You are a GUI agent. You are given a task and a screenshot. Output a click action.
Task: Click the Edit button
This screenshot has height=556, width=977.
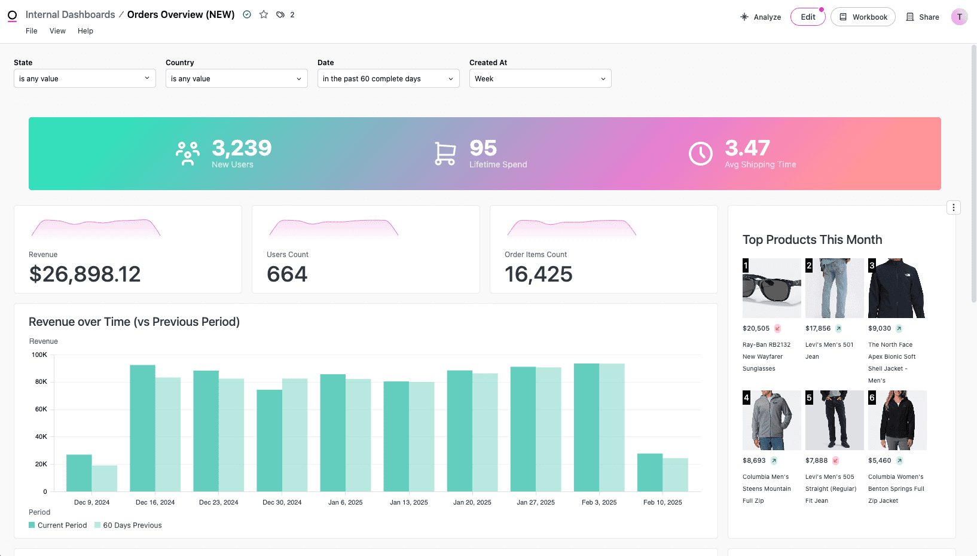(808, 17)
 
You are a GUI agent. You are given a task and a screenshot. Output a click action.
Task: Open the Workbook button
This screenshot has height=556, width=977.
(863, 17)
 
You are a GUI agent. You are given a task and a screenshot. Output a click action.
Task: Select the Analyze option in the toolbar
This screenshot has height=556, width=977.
(761, 17)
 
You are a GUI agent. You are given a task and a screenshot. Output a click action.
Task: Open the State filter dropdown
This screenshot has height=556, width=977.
(84, 78)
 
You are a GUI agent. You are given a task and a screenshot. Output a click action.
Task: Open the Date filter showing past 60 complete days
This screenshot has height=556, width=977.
(388, 78)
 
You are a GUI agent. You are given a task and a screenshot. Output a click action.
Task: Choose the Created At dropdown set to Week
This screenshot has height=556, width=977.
(540, 78)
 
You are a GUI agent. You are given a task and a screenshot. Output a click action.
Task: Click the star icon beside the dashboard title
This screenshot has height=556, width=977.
(264, 14)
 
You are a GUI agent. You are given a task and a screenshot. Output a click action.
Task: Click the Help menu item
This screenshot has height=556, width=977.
(86, 31)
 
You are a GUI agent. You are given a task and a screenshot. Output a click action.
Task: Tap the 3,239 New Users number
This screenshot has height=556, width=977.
(242, 148)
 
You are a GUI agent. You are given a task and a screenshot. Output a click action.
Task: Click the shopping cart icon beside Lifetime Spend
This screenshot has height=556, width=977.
(445, 154)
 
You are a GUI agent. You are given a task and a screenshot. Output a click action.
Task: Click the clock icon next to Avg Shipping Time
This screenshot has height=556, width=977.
(700, 154)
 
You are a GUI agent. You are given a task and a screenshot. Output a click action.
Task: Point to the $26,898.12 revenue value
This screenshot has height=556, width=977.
(85, 274)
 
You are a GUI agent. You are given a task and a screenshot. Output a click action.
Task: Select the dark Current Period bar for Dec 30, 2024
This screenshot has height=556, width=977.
(270, 441)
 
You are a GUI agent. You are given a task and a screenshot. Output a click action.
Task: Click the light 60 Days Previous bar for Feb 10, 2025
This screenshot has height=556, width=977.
(675, 475)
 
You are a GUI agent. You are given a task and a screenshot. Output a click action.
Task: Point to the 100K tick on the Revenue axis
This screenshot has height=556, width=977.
(39, 355)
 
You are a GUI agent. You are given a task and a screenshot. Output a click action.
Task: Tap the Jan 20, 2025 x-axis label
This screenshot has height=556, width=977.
(472, 502)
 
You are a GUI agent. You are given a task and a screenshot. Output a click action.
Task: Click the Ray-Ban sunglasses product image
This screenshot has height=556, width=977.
(771, 288)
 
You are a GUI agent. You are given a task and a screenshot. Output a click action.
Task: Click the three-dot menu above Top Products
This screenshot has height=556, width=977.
(954, 207)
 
